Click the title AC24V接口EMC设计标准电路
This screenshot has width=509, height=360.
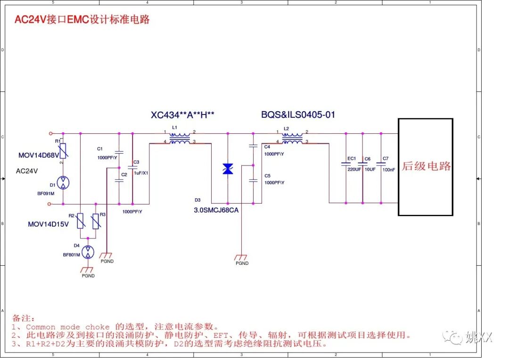[82, 19]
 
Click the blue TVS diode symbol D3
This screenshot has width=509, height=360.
[228, 169]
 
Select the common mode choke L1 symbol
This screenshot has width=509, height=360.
[180, 137]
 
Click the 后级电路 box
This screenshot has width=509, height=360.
[426, 167]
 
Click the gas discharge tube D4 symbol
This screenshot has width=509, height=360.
[88, 253]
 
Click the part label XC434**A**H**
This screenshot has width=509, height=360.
[183, 115]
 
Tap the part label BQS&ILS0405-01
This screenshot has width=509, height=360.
[298, 115]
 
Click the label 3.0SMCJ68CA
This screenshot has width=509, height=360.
[216, 210]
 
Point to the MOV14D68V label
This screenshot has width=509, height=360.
[39, 155]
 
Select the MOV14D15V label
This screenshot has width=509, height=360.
[48, 224]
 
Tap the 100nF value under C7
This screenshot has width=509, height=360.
[389, 169]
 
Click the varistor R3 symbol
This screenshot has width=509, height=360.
[96, 221]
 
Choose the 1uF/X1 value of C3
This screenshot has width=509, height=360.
[140, 173]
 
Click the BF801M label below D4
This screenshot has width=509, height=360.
[72, 255]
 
